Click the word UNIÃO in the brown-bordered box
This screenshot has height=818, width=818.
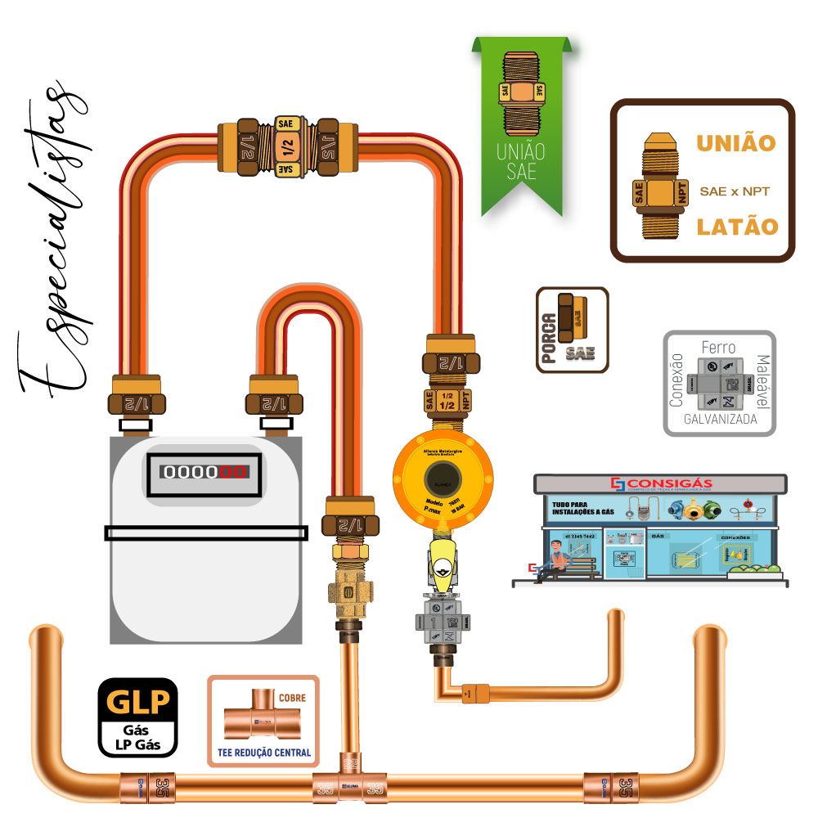[x=735, y=142]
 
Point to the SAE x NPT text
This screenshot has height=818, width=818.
[x=735, y=191]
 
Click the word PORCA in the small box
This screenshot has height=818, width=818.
[x=550, y=330]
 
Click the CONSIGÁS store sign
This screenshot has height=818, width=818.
[x=661, y=483]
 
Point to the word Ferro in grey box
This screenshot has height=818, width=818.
[x=718, y=347]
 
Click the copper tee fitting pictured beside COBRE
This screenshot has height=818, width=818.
[x=260, y=715]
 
